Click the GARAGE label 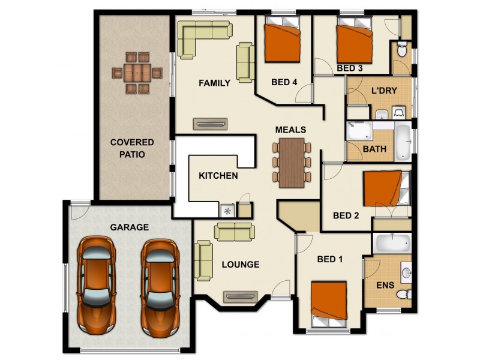(x=129, y=227)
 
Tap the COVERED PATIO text (x=132, y=148)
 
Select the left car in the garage (x=96, y=286)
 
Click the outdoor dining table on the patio (x=137, y=73)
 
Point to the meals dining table (x=292, y=163)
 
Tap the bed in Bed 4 (x=282, y=40)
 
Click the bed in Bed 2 (x=386, y=188)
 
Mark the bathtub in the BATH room (x=403, y=143)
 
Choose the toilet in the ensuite (x=404, y=295)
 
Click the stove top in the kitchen (x=227, y=211)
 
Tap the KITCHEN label (x=218, y=176)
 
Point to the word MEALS (x=290, y=130)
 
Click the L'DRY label (x=384, y=91)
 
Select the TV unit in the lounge (x=241, y=296)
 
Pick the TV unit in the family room (x=211, y=124)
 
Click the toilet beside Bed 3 (x=402, y=50)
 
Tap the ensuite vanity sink (x=406, y=272)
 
